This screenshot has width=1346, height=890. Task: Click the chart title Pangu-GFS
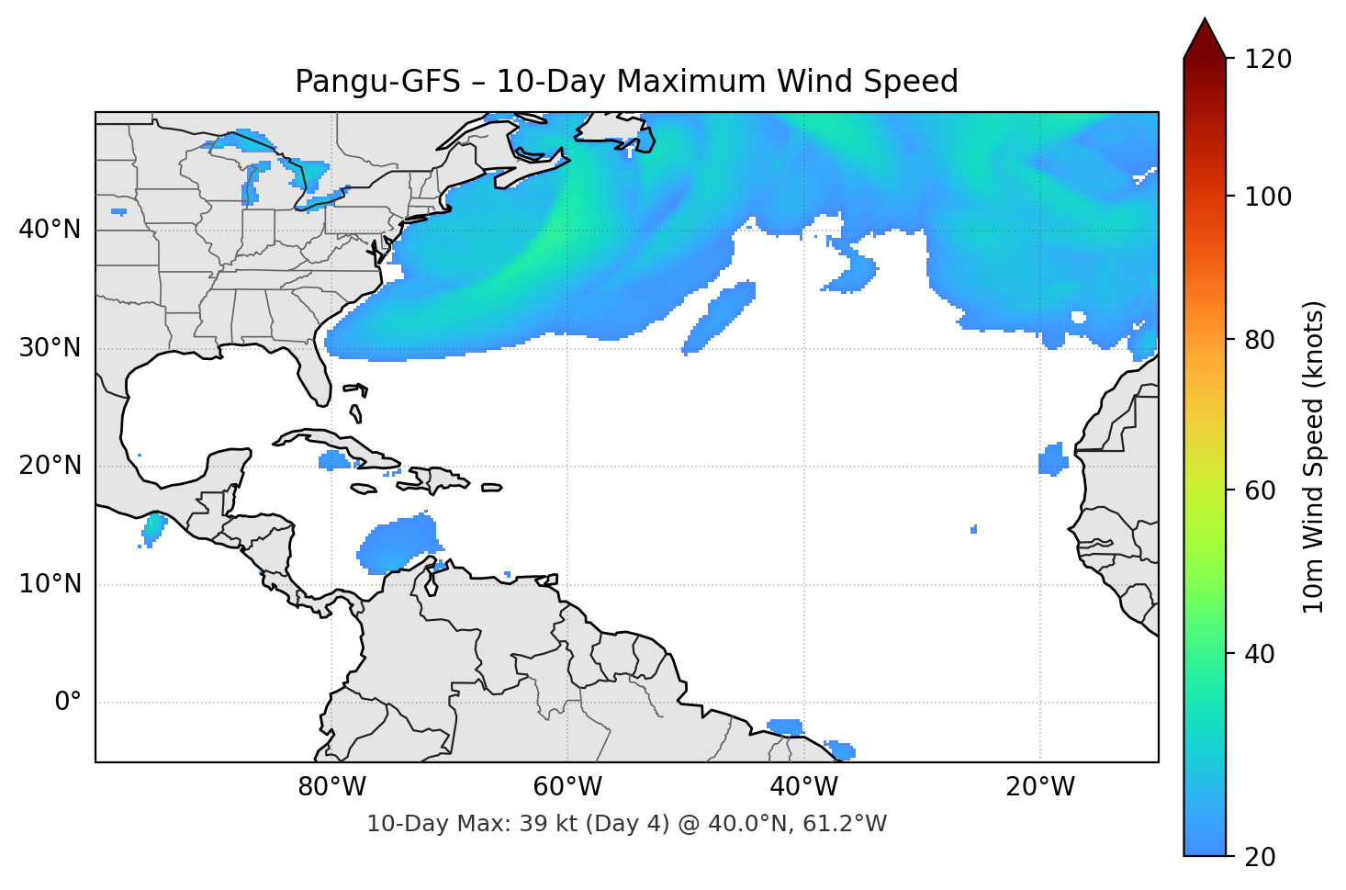626,82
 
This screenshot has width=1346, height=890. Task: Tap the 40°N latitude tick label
50,230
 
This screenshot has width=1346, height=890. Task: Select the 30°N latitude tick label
50,348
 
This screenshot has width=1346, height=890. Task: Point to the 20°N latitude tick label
50,466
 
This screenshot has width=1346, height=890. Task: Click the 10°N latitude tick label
50,584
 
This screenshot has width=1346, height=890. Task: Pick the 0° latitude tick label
68,703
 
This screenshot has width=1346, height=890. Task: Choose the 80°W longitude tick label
331,787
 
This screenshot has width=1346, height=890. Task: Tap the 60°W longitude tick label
567,787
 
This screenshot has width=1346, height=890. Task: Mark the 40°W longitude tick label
803,787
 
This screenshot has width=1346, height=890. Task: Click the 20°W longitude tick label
1039,787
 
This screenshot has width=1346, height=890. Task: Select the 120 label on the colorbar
1268,60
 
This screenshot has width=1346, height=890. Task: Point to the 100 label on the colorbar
1268,197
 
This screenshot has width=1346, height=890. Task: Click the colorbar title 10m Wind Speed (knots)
1314,456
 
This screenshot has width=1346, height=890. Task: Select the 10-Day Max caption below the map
626,824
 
